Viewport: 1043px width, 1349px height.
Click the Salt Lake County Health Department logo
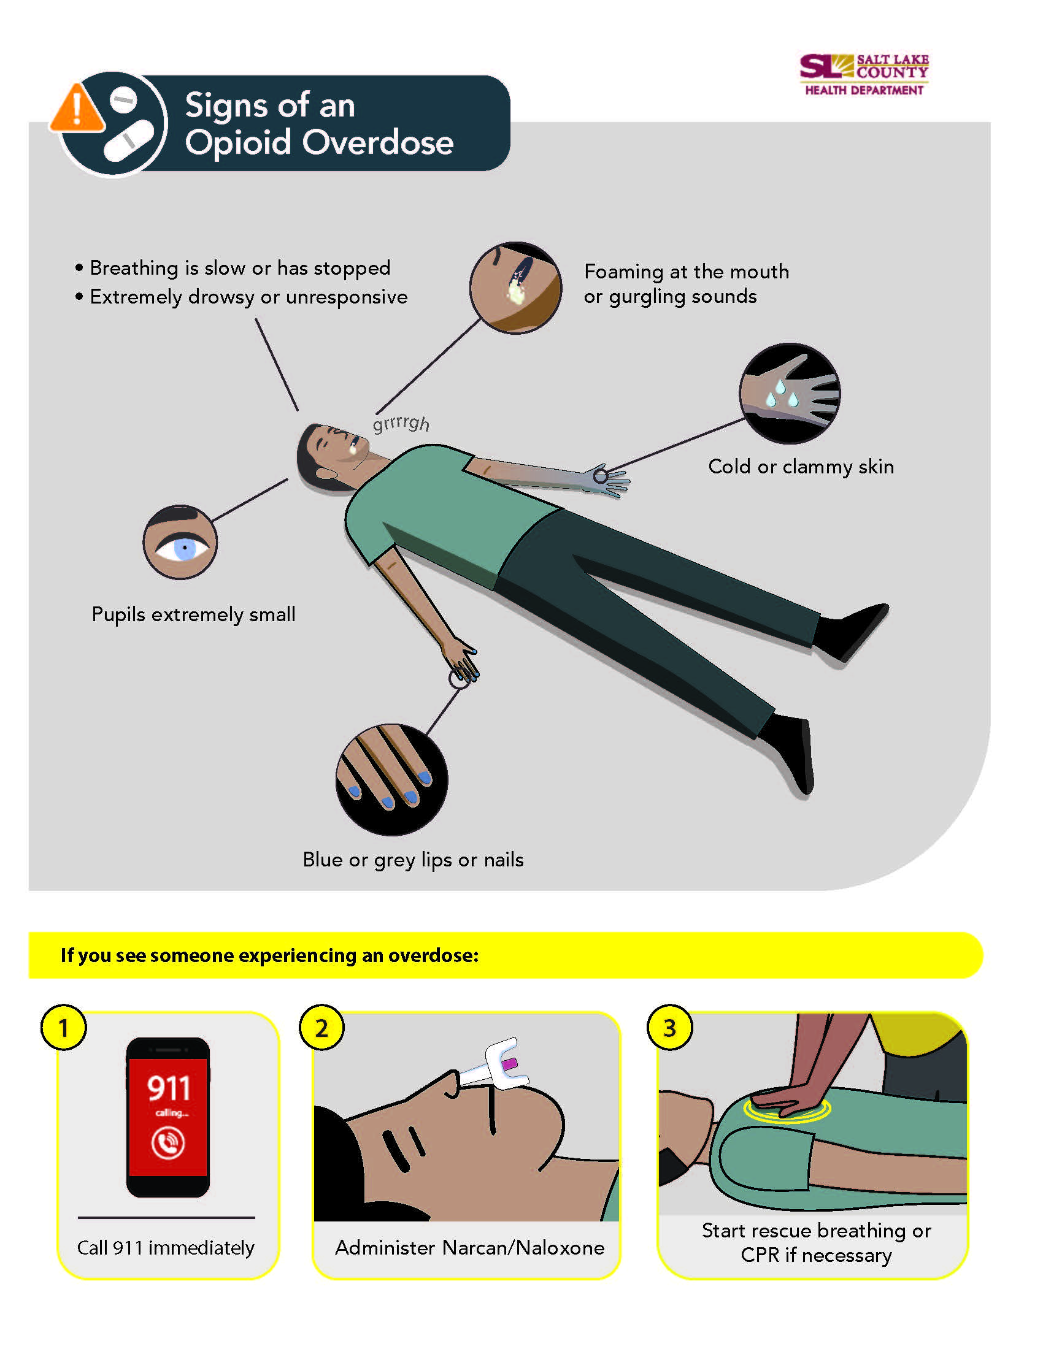point(864,74)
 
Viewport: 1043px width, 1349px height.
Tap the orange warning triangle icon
point(77,109)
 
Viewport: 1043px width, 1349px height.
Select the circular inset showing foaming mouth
point(515,288)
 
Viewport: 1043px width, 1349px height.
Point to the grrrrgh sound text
point(401,423)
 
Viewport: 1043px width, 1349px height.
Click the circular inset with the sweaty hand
point(789,394)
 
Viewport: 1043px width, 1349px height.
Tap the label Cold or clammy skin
point(801,467)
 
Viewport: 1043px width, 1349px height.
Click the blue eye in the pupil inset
point(184,548)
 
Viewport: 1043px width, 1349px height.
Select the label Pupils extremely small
point(193,614)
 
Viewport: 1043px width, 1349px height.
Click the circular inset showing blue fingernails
point(392,779)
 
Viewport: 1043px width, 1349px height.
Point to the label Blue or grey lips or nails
point(413,859)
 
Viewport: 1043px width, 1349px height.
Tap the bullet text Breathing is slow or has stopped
point(240,268)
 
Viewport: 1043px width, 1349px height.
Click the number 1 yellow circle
point(63,1028)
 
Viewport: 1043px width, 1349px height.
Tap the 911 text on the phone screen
point(168,1088)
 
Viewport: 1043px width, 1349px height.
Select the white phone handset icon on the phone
point(168,1144)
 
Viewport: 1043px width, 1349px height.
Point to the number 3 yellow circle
point(669,1028)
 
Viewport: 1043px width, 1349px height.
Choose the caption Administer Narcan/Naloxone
point(469,1248)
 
